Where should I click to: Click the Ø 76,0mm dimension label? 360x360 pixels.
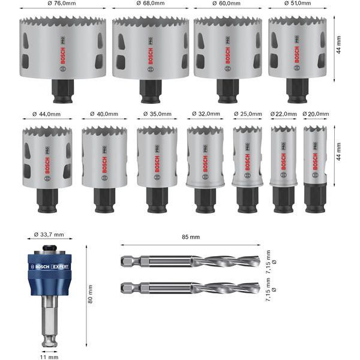[x=62, y=3]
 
